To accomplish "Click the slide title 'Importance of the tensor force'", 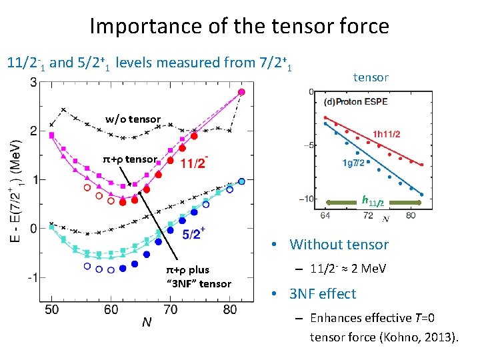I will pyautogui.click(x=239, y=26).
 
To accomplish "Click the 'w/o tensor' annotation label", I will pyautogui.click(x=133, y=119).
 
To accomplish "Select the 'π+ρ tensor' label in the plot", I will pyautogui.click(x=129, y=159).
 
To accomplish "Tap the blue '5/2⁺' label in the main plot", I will pyautogui.click(x=193, y=233).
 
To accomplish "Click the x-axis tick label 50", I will pyautogui.click(x=51, y=309).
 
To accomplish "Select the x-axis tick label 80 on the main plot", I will pyautogui.click(x=230, y=309).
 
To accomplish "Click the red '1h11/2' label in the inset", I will pyautogui.click(x=387, y=134).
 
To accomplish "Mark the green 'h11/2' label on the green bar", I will pyautogui.click(x=372, y=199).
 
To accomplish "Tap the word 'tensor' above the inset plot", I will pyautogui.click(x=371, y=77).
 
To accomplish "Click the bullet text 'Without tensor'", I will pyautogui.click(x=339, y=245).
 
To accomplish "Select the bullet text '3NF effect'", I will pyautogui.click(x=323, y=294).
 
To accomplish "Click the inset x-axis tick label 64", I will pyautogui.click(x=325, y=215).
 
